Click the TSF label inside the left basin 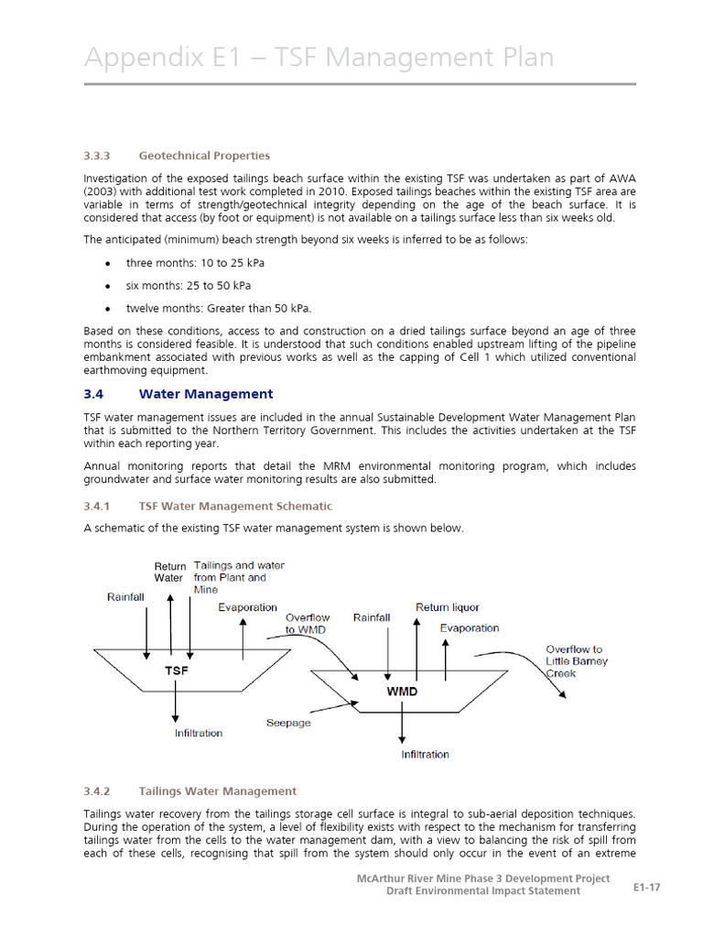(x=176, y=671)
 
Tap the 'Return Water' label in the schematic (x=169, y=573)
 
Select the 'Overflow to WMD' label (x=307, y=624)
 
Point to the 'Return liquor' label (x=448, y=607)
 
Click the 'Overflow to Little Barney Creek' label (x=577, y=661)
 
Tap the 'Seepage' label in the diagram (x=288, y=723)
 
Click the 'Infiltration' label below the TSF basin (x=199, y=733)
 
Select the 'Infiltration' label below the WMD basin (x=425, y=755)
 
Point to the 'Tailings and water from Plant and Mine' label (x=238, y=577)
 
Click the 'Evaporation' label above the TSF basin (x=247, y=607)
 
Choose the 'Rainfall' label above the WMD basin (x=372, y=617)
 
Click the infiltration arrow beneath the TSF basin (x=176, y=706)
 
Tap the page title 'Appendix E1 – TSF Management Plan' (x=319, y=58)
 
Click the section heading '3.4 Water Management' (x=205, y=394)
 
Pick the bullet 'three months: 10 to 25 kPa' (x=196, y=263)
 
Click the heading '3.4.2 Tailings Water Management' (x=217, y=791)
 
